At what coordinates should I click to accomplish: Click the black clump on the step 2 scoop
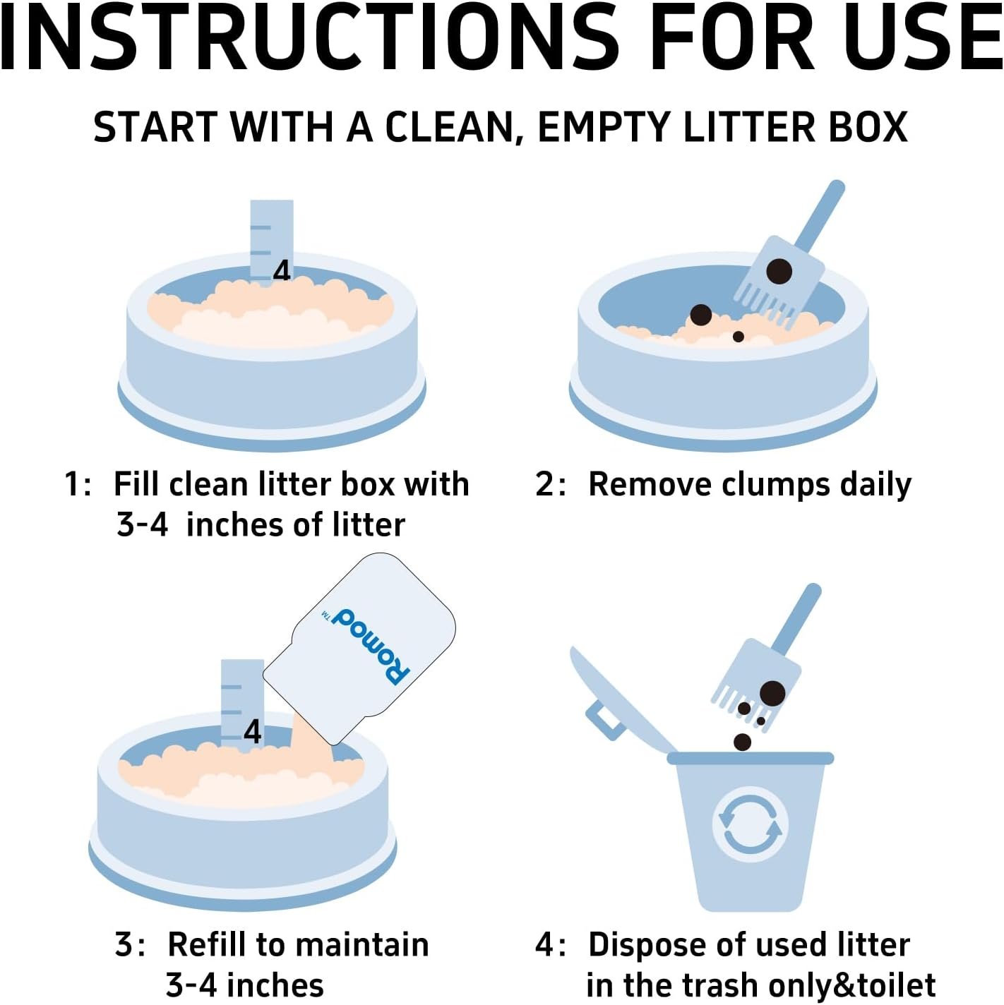point(779,271)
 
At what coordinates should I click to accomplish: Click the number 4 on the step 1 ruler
point(282,271)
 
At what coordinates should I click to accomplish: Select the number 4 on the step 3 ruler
point(253,732)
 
